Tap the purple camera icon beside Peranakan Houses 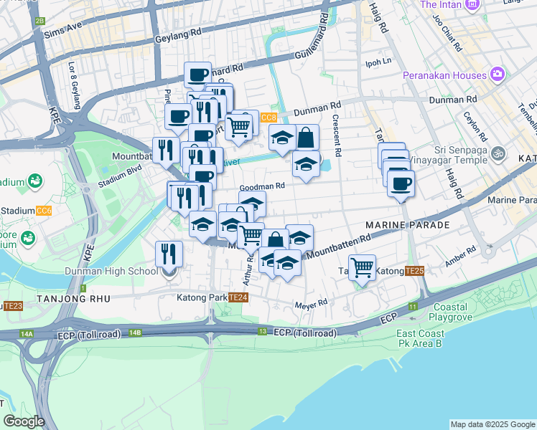click(497, 75)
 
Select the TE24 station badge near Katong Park click(238, 297)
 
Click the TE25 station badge click(414, 271)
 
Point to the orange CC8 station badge click(268, 118)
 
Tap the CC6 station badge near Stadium click(44, 211)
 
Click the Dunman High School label click(111, 271)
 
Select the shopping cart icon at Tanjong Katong click(363, 268)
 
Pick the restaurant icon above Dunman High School click(169, 254)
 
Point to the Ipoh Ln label click(379, 62)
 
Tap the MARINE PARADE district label click(407, 225)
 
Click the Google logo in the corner click(24, 421)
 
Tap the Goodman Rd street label click(262, 185)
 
